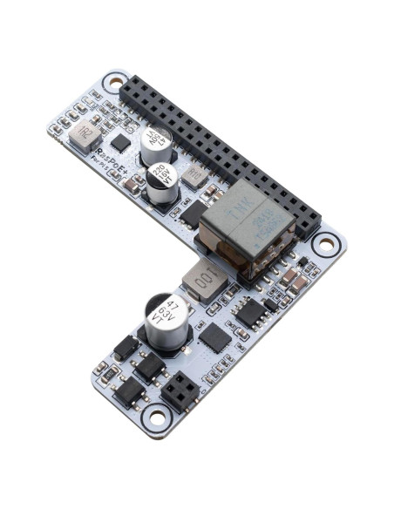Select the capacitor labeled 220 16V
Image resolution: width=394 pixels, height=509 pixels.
click(162, 178)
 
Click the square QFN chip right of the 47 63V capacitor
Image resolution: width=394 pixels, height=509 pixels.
click(214, 336)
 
